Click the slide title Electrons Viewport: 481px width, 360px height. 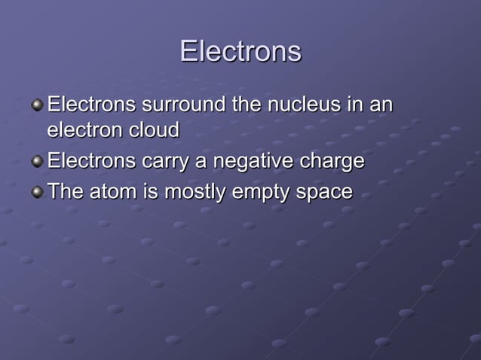(x=240, y=51)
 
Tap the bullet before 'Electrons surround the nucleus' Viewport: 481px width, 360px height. (x=38, y=104)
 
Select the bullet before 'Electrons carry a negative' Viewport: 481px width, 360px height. (x=38, y=162)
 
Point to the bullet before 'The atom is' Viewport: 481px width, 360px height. (x=38, y=192)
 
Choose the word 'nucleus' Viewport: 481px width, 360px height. (x=302, y=103)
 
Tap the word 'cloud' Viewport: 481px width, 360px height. (x=153, y=130)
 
